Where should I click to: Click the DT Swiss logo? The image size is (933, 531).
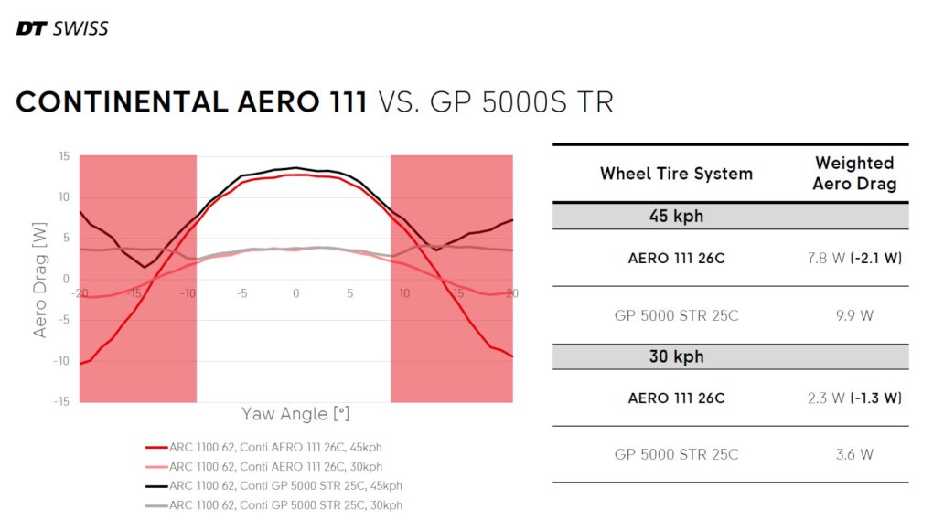[62, 28]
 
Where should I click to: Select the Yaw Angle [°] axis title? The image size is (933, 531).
[295, 414]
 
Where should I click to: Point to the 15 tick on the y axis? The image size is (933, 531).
[64, 156]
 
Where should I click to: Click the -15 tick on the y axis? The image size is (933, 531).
[61, 401]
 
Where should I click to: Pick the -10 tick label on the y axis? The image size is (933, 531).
[61, 361]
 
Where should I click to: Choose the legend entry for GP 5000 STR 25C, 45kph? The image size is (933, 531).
[274, 485]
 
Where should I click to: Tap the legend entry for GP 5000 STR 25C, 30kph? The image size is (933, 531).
[274, 504]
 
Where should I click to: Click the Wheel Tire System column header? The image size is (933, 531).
[676, 174]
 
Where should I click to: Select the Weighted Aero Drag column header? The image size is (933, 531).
[854, 173]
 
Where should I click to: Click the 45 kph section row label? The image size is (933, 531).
[676, 217]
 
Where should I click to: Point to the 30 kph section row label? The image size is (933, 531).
[676, 356]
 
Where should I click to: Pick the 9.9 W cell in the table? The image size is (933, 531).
[854, 316]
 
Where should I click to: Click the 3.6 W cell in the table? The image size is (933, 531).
[854, 454]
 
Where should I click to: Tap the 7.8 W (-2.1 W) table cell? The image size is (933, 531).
[854, 259]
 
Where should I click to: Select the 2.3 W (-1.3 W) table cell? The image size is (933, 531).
[854, 398]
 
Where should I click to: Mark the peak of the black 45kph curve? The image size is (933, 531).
[295, 167]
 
